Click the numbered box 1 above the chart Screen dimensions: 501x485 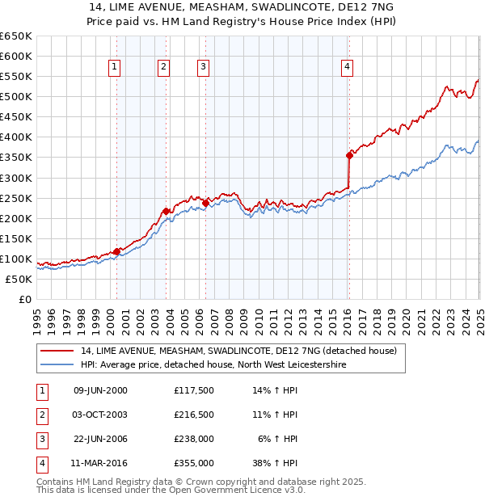(115, 67)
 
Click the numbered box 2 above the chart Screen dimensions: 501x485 (163, 67)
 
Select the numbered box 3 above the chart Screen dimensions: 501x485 (203, 67)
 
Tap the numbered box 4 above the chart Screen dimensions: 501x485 (347, 67)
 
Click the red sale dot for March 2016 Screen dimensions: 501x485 (350, 155)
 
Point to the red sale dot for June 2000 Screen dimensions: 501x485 (116, 251)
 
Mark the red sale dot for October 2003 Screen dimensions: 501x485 (166, 211)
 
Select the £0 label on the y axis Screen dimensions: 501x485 (25, 300)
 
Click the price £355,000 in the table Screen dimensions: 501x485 (194, 463)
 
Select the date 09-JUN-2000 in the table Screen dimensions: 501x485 (100, 390)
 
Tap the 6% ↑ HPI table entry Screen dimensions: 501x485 (278, 439)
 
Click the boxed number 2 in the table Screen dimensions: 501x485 (40, 415)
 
